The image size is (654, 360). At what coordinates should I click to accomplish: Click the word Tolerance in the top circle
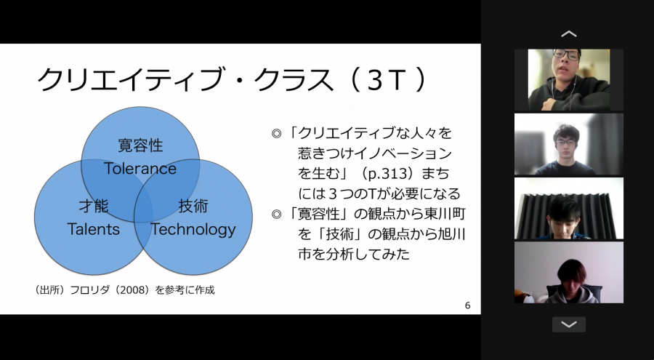tap(140, 169)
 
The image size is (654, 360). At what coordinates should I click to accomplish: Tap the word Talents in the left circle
tap(94, 229)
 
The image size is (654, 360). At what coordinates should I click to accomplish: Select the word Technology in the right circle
tap(193, 230)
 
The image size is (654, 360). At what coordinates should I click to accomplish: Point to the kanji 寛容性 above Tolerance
tap(140, 145)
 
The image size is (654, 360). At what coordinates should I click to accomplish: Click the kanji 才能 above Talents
tap(94, 207)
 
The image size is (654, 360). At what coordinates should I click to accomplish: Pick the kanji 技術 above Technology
tap(193, 207)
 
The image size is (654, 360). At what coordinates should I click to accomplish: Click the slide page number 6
tap(467, 305)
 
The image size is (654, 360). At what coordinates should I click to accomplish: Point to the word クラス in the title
tap(294, 80)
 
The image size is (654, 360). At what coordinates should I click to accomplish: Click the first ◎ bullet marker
tap(277, 134)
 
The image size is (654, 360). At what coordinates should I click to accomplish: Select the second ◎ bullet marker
tap(277, 215)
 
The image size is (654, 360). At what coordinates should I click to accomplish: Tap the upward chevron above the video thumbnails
tap(568, 34)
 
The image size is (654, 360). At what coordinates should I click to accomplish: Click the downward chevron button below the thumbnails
tap(569, 324)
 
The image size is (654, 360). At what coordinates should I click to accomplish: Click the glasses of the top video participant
tap(565, 55)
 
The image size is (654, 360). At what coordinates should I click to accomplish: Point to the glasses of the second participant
tap(565, 143)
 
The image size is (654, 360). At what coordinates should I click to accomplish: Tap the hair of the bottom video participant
tap(572, 270)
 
